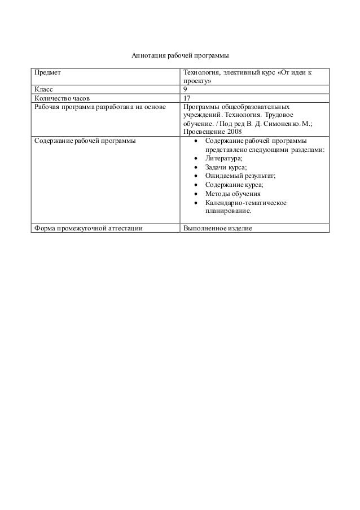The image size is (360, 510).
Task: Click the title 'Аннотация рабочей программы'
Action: [x=179, y=56]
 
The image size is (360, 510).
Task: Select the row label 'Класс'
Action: [x=45, y=89]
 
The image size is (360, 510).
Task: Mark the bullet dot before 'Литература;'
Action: [x=195, y=159]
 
